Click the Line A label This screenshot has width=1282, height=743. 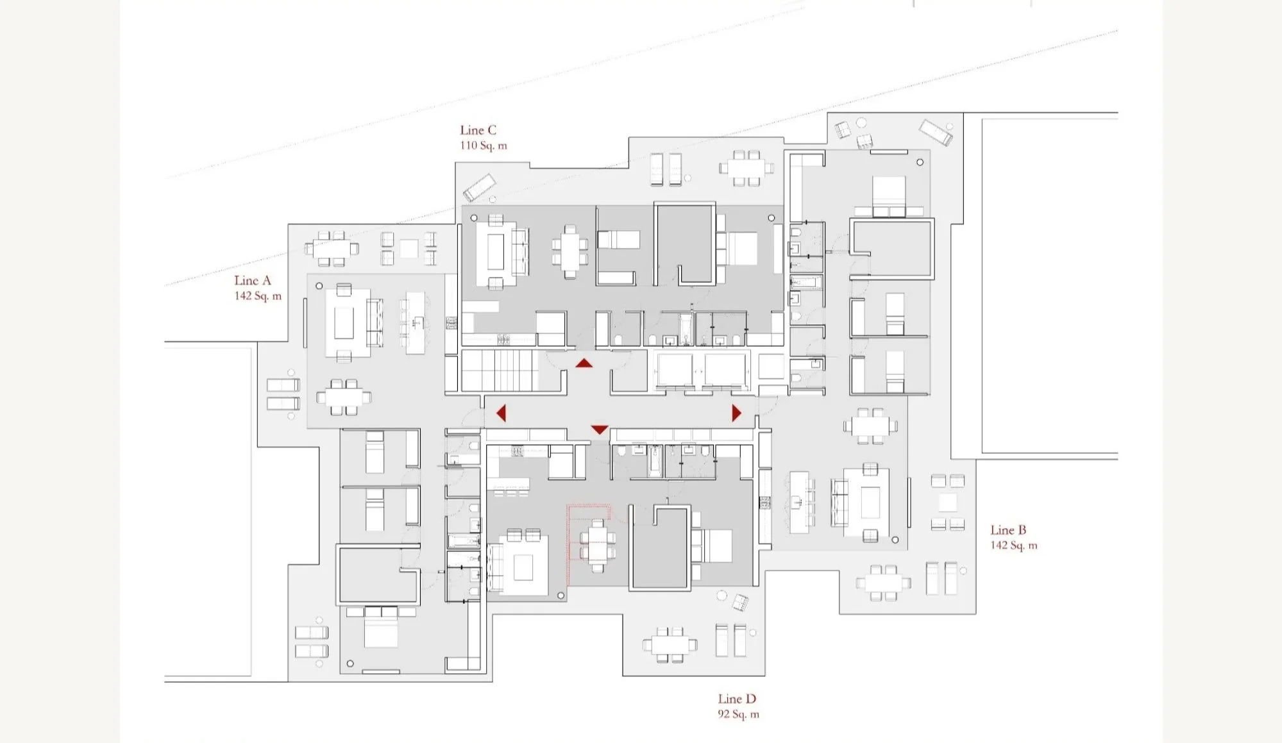[x=253, y=280]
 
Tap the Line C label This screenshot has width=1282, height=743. [x=478, y=130]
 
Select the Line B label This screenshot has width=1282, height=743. [x=1008, y=530]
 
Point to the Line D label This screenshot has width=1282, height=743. [x=737, y=699]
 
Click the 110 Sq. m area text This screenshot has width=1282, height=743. [x=484, y=146]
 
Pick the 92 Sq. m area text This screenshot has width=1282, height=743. [x=738, y=714]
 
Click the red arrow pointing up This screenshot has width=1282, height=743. [x=584, y=363]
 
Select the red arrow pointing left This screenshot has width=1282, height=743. [x=501, y=413]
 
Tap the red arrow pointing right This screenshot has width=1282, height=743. [x=737, y=413]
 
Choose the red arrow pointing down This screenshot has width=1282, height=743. [x=599, y=429]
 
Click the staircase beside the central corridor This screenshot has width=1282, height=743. [x=499, y=370]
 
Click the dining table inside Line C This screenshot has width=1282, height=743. [x=570, y=251]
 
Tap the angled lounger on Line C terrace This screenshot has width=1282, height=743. [x=480, y=187]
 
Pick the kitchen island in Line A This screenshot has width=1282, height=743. [x=415, y=323]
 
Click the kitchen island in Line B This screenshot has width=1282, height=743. [x=798, y=502]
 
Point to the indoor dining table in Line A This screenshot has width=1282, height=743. [x=344, y=397]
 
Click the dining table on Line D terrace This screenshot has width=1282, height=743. [x=670, y=645]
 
